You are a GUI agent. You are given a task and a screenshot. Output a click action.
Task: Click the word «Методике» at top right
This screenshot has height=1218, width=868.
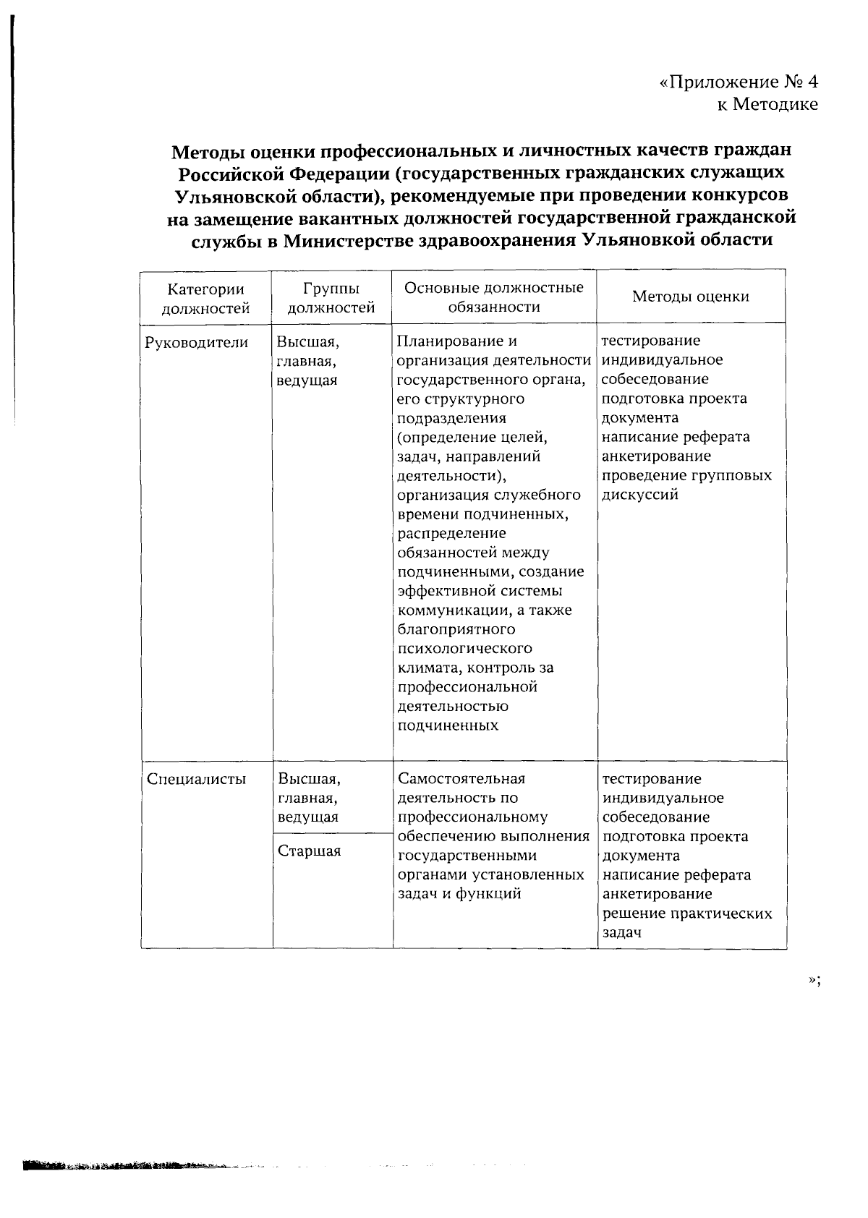[x=775, y=105]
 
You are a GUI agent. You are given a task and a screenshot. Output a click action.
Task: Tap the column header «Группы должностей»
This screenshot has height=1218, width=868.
[x=331, y=298]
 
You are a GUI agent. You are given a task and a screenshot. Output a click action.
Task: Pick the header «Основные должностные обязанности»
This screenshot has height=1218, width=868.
[x=494, y=297]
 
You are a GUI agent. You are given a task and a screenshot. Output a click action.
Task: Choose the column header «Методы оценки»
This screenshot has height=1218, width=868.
[x=691, y=297]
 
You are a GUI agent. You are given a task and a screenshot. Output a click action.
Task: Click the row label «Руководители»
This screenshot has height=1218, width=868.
[x=197, y=342]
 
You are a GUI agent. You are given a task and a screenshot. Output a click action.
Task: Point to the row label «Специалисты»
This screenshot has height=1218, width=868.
[x=196, y=779]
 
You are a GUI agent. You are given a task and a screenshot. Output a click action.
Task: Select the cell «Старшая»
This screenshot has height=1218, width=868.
[x=309, y=851]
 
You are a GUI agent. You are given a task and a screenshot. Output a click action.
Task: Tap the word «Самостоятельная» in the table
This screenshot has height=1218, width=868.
[x=461, y=779]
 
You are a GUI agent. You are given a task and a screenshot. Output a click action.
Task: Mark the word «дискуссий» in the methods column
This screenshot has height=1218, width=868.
[x=640, y=495]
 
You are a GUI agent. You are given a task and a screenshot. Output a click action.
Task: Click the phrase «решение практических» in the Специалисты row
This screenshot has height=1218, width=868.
[x=687, y=913]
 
